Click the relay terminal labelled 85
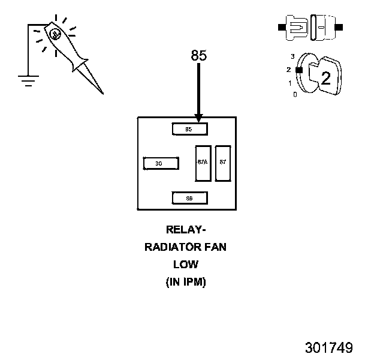point(189,129)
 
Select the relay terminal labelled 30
point(161,163)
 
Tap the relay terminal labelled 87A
point(202,163)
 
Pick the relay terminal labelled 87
point(222,163)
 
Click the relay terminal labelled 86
point(189,197)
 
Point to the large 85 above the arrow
point(199,55)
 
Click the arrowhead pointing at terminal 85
point(198,118)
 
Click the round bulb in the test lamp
point(55,34)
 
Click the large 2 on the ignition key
point(326,78)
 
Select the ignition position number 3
point(292,56)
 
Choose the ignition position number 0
point(294,94)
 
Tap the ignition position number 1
point(290,83)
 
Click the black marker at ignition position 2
point(298,70)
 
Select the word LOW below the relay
point(186,264)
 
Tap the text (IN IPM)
point(186,282)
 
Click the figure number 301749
point(328,347)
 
